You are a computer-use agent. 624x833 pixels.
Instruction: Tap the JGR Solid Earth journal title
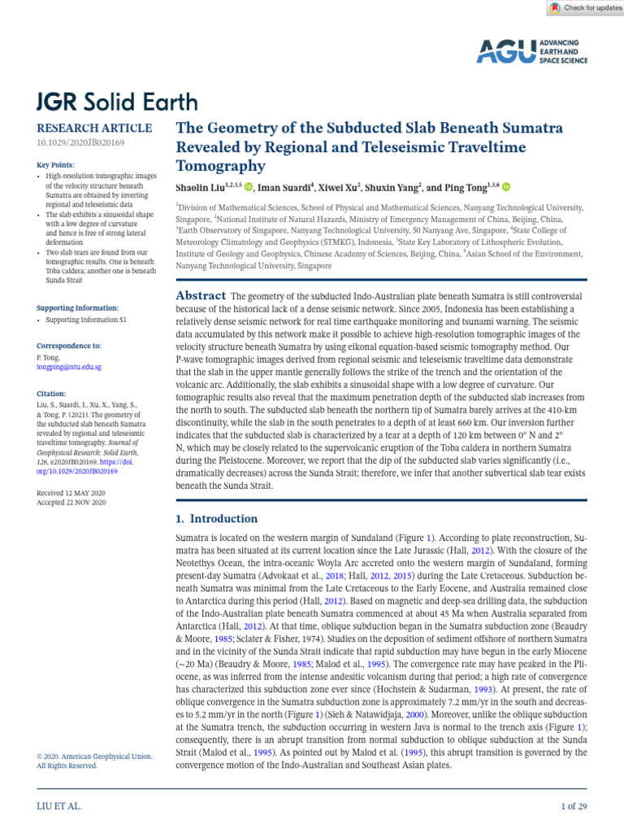(x=117, y=102)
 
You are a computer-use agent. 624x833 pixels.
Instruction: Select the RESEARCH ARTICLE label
(x=94, y=128)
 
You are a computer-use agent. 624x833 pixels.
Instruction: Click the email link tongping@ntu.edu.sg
(x=69, y=367)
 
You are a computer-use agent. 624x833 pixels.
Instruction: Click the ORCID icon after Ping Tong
(x=507, y=187)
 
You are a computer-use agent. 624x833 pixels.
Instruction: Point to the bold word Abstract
(x=201, y=295)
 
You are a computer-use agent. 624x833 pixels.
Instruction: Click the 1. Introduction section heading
(x=217, y=519)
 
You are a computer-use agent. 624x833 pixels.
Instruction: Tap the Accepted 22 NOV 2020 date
(x=72, y=503)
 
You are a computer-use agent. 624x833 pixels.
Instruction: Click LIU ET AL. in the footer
(x=59, y=806)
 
